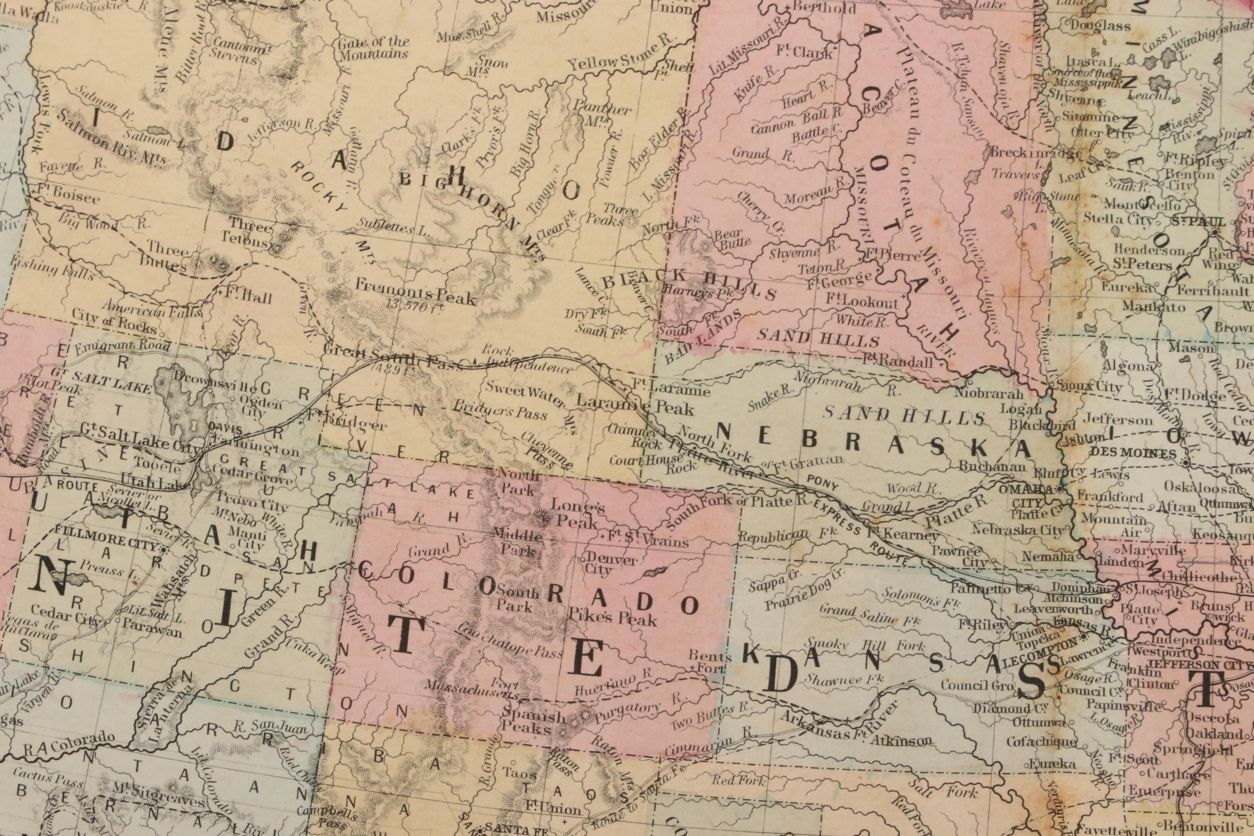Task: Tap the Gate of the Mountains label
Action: point(373,48)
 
